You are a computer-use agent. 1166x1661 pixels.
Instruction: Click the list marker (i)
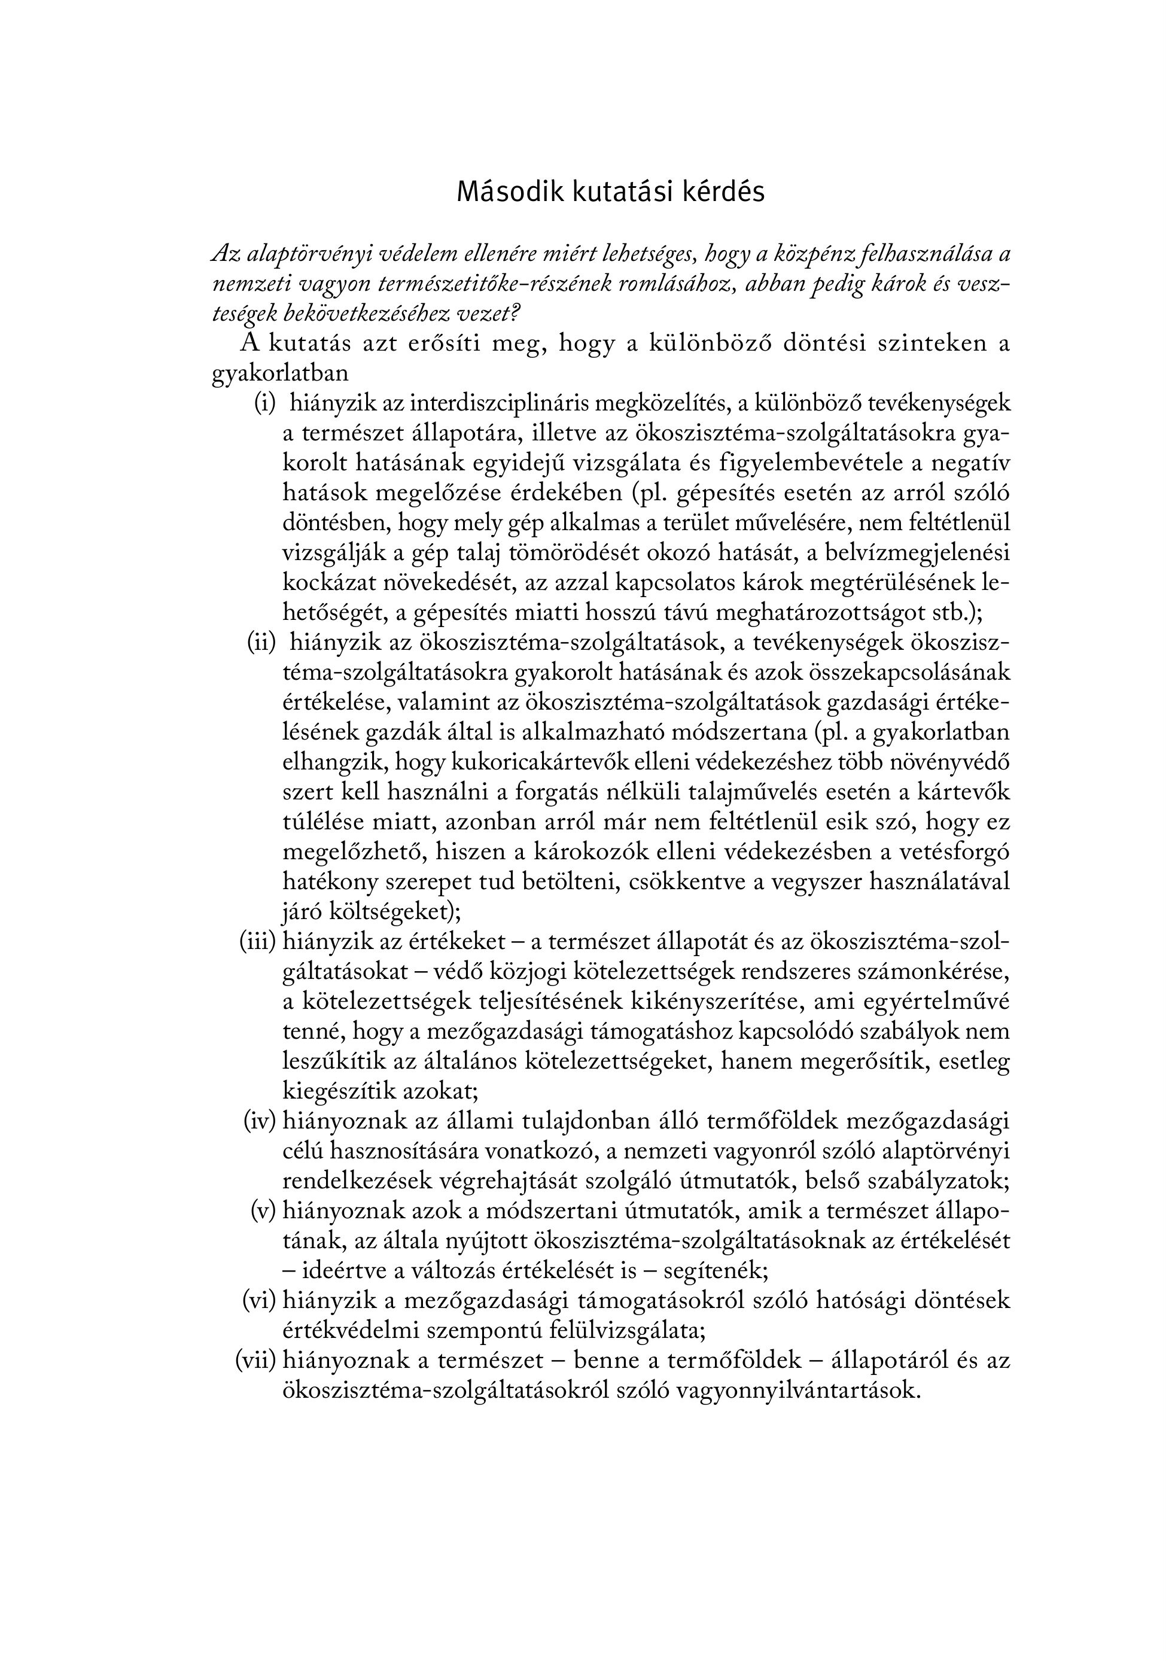click(265, 403)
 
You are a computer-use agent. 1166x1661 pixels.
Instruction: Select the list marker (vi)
click(260, 1300)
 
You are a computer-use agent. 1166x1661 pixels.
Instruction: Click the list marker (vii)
click(256, 1360)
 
